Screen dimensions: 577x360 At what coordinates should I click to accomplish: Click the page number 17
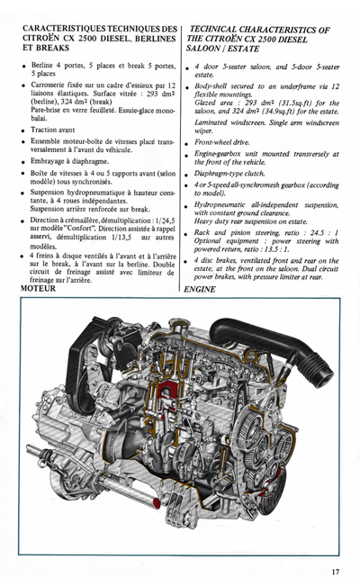point(335,569)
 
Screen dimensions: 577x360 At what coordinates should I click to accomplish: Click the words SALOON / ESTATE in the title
point(221,51)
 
